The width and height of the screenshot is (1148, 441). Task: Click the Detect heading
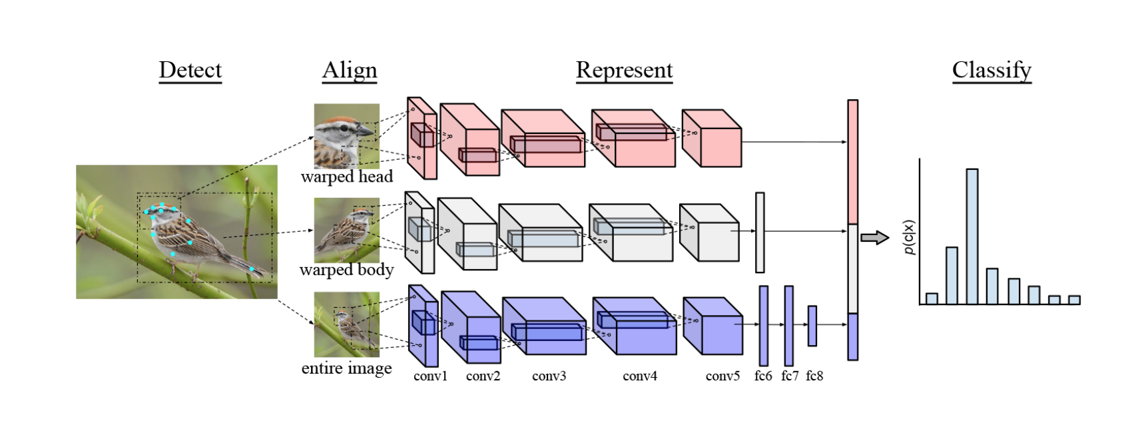click(190, 70)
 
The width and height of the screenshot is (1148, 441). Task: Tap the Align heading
click(350, 70)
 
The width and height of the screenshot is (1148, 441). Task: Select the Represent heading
click(624, 70)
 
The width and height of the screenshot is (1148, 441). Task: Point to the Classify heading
click(992, 70)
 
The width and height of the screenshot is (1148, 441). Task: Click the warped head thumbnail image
click(346, 135)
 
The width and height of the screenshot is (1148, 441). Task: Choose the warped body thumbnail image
click(346, 230)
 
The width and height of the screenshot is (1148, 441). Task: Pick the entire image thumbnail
click(346, 324)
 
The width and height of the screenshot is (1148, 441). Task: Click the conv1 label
click(430, 376)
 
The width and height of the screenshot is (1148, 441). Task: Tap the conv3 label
click(549, 376)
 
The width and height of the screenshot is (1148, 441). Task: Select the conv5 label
click(722, 376)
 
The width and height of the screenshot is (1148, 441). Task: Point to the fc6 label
click(763, 376)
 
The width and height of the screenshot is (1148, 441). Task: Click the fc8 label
click(814, 376)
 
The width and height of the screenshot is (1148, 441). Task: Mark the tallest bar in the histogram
click(972, 236)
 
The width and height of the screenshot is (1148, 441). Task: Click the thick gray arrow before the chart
click(874, 238)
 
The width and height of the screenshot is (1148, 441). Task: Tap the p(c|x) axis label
click(910, 237)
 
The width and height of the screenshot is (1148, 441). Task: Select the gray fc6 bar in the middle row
click(760, 232)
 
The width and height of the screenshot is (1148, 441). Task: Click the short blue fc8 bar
click(812, 326)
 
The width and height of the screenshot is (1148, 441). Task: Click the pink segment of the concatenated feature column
click(852, 162)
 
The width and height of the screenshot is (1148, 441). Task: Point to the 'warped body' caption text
click(346, 270)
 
